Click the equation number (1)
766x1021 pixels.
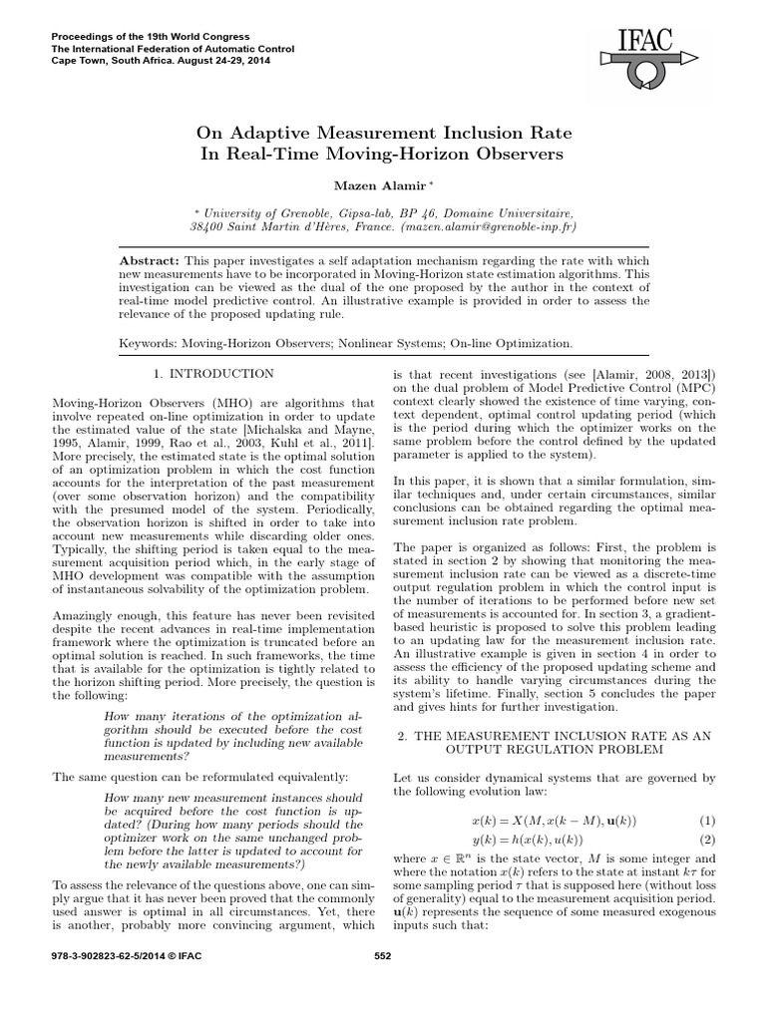pyautogui.click(x=707, y=821)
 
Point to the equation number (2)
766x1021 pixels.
pyautogui.click(x=707, y=841)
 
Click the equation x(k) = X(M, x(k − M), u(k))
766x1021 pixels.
pyautogui.click(x=553, y=821)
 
